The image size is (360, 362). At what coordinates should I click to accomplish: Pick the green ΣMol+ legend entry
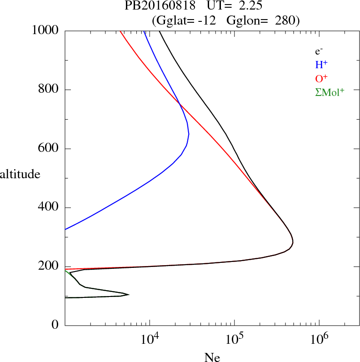pyautogui.click(x=330, y=92)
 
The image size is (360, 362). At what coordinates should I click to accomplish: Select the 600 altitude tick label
pyautogui.click(x=50, y=148)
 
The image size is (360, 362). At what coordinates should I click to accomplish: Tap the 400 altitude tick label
pyautogui.click(x=50, y=207)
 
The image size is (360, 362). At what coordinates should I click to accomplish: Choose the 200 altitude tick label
pyautogui.click(x=50, y=266)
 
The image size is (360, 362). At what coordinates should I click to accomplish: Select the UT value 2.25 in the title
pyautogui.click(x=247, y=6)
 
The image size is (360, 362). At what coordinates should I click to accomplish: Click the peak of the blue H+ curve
pyautogui.click(x=189, y=134)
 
